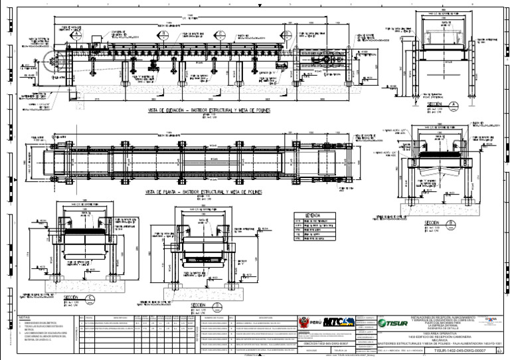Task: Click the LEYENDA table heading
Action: tap(312, 216)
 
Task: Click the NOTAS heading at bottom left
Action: tap(25, 317)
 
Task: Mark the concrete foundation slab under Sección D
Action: tap(205, 292)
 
